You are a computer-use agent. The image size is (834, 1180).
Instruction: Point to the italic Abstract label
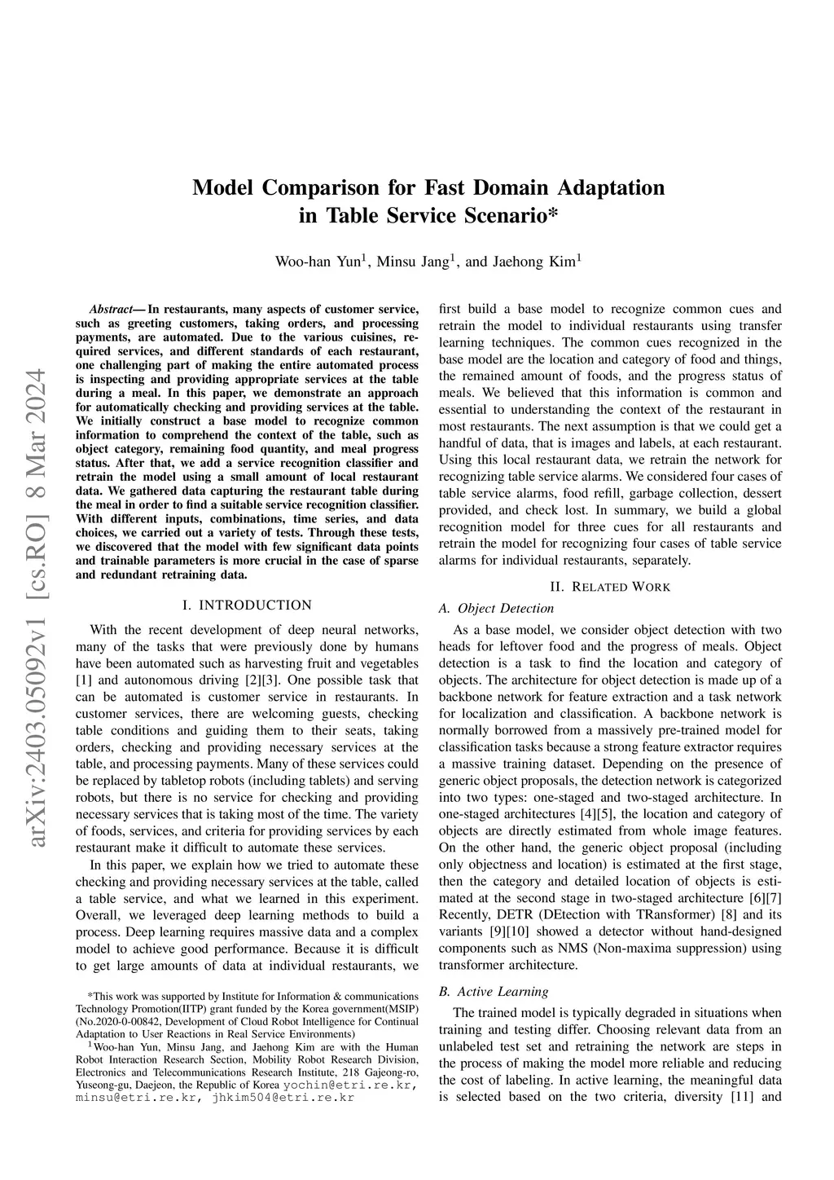click(110, 310)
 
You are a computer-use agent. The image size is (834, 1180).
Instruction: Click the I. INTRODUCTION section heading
click(247, 605)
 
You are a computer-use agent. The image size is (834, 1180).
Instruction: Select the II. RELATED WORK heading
click(610, 587)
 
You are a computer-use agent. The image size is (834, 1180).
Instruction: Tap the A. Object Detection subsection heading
click(496, 608)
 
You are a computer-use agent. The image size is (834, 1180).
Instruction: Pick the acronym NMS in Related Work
click(573, 949)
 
